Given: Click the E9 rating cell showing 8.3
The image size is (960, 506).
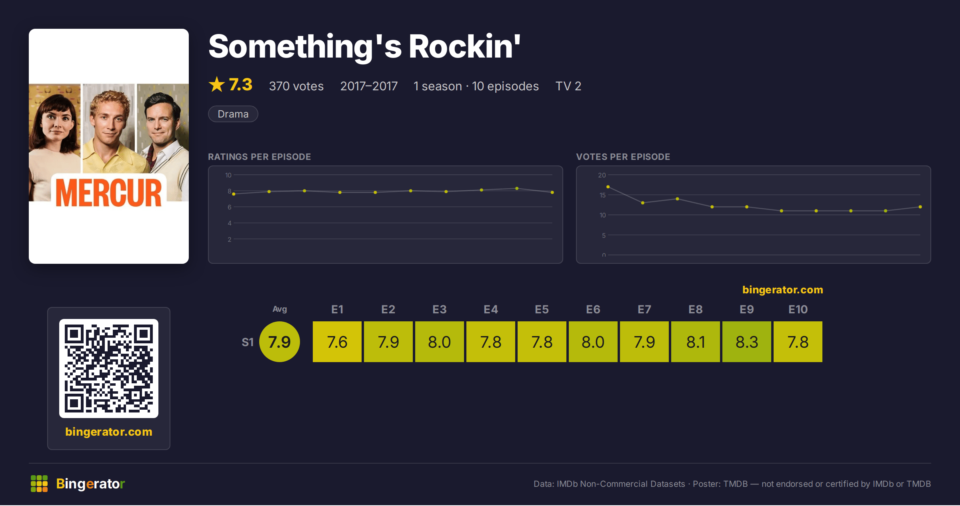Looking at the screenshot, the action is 746,342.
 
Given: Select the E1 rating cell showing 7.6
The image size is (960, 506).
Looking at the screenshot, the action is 337,342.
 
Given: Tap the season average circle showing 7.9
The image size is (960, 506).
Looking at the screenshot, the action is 280,342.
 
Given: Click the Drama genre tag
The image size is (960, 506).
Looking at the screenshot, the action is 233,114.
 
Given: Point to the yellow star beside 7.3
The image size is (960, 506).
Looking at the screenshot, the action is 217,84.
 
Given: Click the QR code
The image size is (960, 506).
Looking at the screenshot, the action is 109,369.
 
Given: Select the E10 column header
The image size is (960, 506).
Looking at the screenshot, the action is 798,309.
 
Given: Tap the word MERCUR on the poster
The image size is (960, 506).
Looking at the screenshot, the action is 109,193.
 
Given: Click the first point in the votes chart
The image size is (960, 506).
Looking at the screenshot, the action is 608,187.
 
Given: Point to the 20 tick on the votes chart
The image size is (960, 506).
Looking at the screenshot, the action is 602,175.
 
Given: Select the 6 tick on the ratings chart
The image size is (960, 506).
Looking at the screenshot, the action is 230,207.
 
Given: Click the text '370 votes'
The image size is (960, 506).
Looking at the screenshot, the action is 296,86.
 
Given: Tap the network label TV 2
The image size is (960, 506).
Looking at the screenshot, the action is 568,86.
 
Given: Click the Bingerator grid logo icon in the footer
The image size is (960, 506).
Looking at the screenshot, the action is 39,484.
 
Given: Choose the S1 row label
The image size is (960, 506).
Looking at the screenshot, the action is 248,342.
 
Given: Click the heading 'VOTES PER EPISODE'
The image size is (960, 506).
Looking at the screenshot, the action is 623,157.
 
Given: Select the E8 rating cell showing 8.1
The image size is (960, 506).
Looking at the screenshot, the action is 695,342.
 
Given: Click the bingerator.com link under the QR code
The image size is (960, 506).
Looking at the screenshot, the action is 109,432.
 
